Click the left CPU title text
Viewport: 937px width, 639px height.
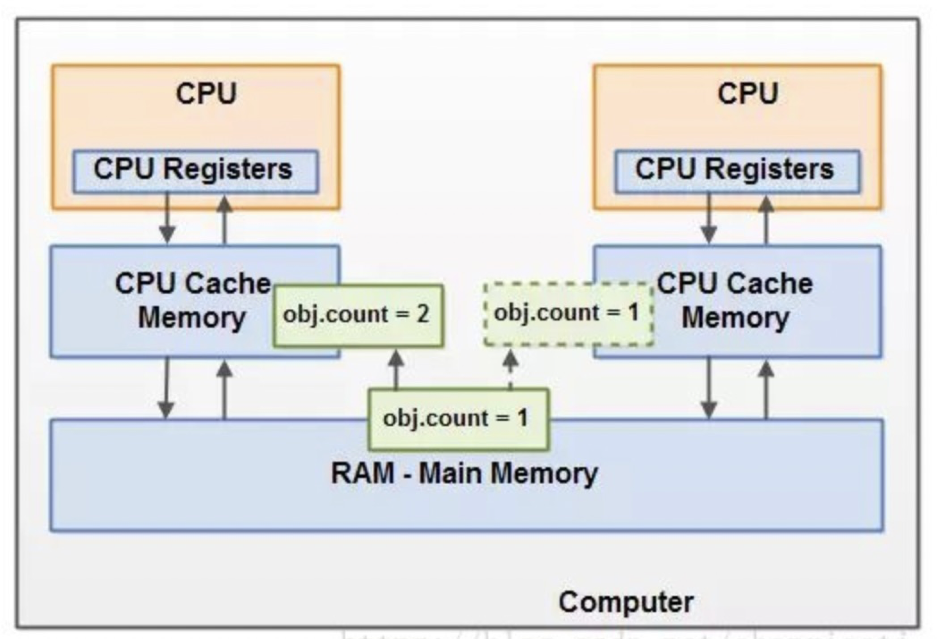point(206,93)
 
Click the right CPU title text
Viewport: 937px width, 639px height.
point(748,93)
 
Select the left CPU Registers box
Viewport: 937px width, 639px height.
point(195,171)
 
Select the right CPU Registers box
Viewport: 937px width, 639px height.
point(737,171)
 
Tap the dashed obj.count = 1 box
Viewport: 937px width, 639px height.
point(568,314)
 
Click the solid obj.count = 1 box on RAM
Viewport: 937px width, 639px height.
point(459,419)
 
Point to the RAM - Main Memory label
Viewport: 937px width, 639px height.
point(464,474)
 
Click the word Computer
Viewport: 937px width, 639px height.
point(626,602)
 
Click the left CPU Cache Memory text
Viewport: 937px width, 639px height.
point(192,300)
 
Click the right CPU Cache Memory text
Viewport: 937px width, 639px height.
point(735,300)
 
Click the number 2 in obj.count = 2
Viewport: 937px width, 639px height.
point(423,315)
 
